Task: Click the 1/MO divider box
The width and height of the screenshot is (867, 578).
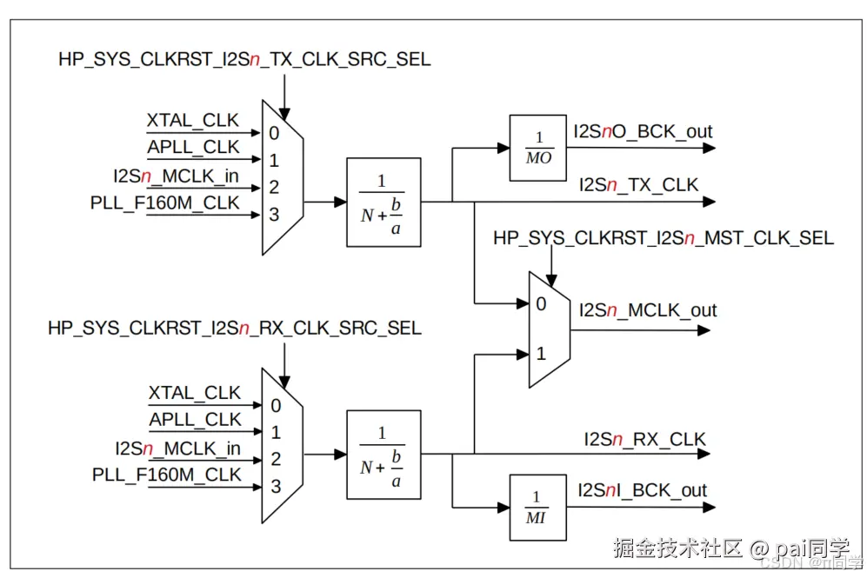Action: (x=539, y=149)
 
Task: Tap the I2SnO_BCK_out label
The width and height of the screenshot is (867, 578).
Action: (x=642, y=132)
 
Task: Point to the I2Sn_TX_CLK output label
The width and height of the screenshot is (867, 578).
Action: (x=638, y=184)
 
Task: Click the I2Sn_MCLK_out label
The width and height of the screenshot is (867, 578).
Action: (x=648, y=310)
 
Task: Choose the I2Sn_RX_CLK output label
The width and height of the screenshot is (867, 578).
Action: (x=644, y=440)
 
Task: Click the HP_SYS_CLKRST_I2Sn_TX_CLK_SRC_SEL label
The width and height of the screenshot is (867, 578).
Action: (x=243, y=60)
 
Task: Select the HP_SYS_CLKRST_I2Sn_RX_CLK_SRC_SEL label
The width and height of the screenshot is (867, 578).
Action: (x=234, y=329)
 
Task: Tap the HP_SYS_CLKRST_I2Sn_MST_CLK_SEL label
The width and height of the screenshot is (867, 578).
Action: (x=663, y=238)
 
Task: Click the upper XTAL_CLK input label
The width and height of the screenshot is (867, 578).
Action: (x=192, y=121)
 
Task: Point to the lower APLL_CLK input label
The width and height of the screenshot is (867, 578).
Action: (x=195, y=420)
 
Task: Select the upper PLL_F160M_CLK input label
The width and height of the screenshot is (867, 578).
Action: (x=165, y=203)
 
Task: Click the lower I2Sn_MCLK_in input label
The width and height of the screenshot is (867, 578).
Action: (x=177, y=448)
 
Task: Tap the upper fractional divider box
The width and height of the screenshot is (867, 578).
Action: (x=383, y=202)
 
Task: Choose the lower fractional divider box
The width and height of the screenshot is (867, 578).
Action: (x=383, y=455)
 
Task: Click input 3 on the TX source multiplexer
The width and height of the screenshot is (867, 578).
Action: (x=274, y=214)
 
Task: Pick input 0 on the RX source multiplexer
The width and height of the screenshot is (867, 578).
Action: (x=276, y=405)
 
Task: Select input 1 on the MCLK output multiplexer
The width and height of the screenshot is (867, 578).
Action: (x=541, y=354)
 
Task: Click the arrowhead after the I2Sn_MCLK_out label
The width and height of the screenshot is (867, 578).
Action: (x=704, y=330)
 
